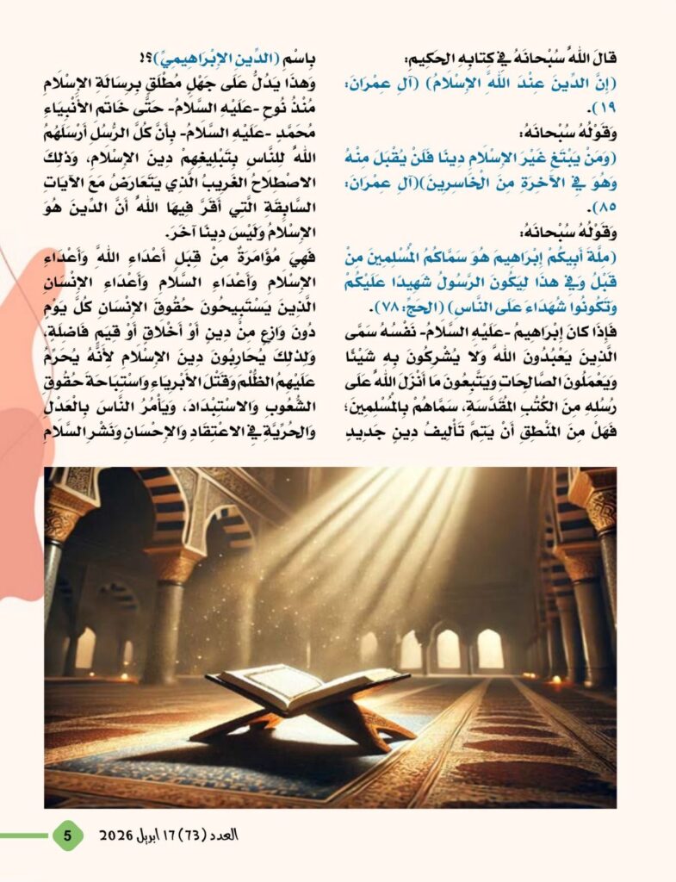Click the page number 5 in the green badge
(68, 835)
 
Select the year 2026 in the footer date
(115, 835)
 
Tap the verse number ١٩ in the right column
(603, 109)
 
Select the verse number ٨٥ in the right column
(604, 207)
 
